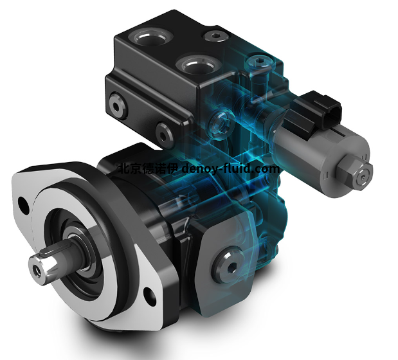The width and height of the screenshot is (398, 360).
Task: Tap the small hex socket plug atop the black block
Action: point(215,36)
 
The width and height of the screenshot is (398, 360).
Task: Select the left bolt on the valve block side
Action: point(117,106)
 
